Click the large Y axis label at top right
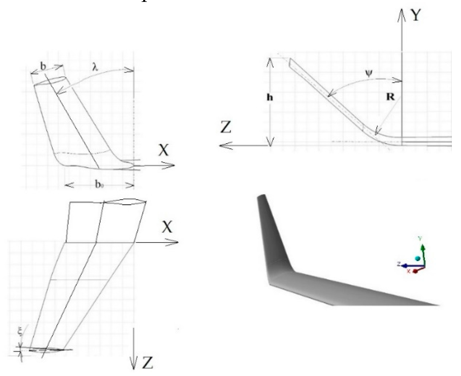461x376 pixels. click(415, 15)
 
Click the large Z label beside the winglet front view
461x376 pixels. click(226, 127)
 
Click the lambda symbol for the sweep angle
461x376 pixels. click(95, 67)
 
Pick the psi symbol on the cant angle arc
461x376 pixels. click(369, 74)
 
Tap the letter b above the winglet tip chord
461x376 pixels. click(43, 66)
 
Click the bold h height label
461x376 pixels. click(270, 97)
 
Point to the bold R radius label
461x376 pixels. click(390, 97)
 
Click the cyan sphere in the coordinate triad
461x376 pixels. click(418, 258)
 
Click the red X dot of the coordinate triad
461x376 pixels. click(415, 271)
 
